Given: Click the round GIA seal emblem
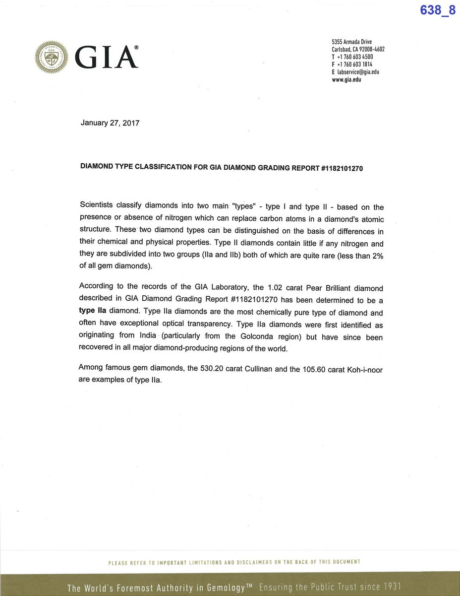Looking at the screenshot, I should click(x=51, y=57).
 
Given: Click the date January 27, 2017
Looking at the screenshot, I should click(x=110, y=123).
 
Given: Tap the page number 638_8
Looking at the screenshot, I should click(x=437, y=10).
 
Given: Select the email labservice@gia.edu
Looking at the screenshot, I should click(x=358, y=72).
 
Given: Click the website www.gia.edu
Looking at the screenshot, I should click(x=346, y=79).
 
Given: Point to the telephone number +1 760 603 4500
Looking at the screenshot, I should click(x=355, y=57).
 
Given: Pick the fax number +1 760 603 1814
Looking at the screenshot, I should click(x=355, y=64).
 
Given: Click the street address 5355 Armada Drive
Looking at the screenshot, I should click(x=351, y=42).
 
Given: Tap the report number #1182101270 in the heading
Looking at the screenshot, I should click(x=342, y=168).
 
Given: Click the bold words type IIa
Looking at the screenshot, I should click(x=93, y=311).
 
